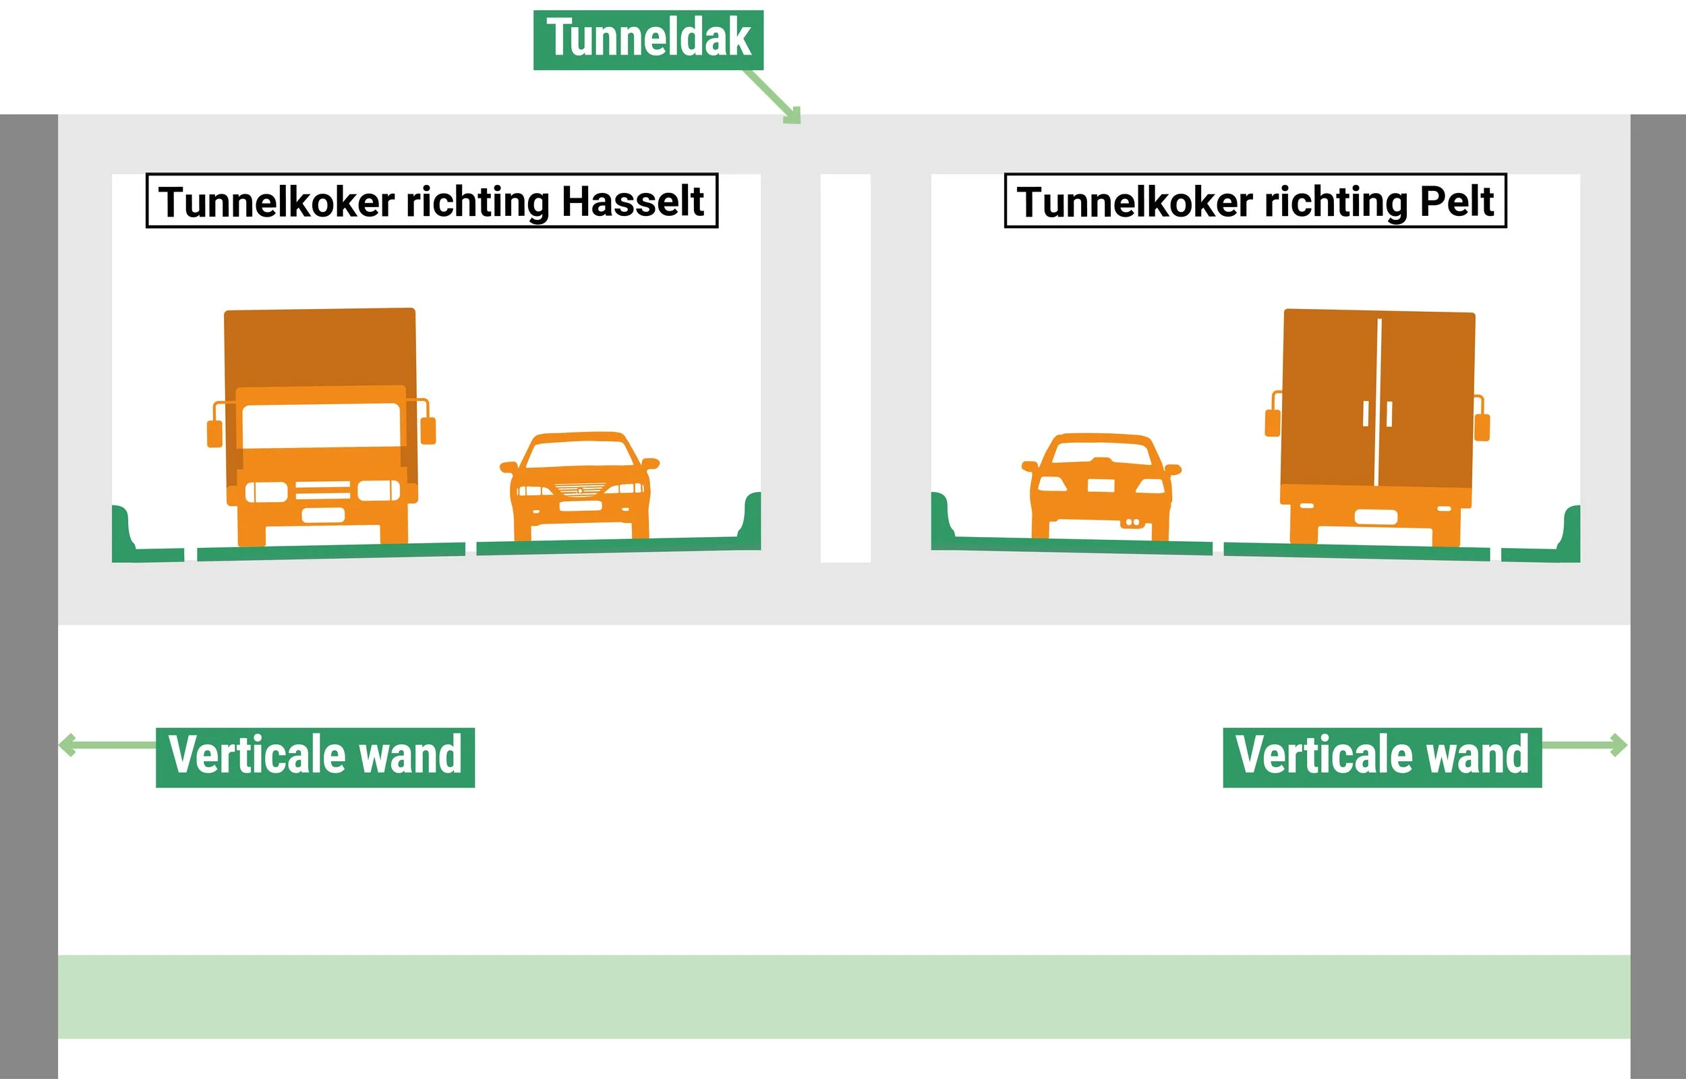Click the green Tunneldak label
click(x=648, y=39)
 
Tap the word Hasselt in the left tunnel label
click(x=633, y=202)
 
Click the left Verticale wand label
click(x=315, y=756)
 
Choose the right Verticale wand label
click(x=1382, y=756)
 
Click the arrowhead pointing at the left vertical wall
click(x=67, y=744)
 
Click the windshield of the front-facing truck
click(x=320, y=425)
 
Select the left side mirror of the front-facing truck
click(x=214, y=433)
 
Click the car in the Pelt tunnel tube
click(x=1101, y=487)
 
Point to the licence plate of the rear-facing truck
click(x=1376, y=518)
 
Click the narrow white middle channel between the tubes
click(x=845, y=368)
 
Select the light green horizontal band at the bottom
click(x=844, y=996)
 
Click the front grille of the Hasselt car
click(x=580, y=489)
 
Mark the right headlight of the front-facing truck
click(x=379, y=491)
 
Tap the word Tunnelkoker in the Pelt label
click(x=1134, y=202)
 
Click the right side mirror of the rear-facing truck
click(x=1482, y=426)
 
